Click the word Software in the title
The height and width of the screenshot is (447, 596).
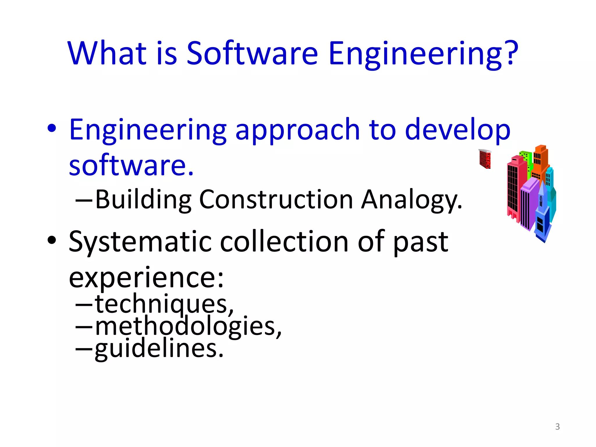(252, 53)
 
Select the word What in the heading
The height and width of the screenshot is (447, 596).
(107, 53)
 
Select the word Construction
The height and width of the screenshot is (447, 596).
(276, 200)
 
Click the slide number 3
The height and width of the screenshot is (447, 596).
(557, 427)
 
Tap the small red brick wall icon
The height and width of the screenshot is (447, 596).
(485, 159)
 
